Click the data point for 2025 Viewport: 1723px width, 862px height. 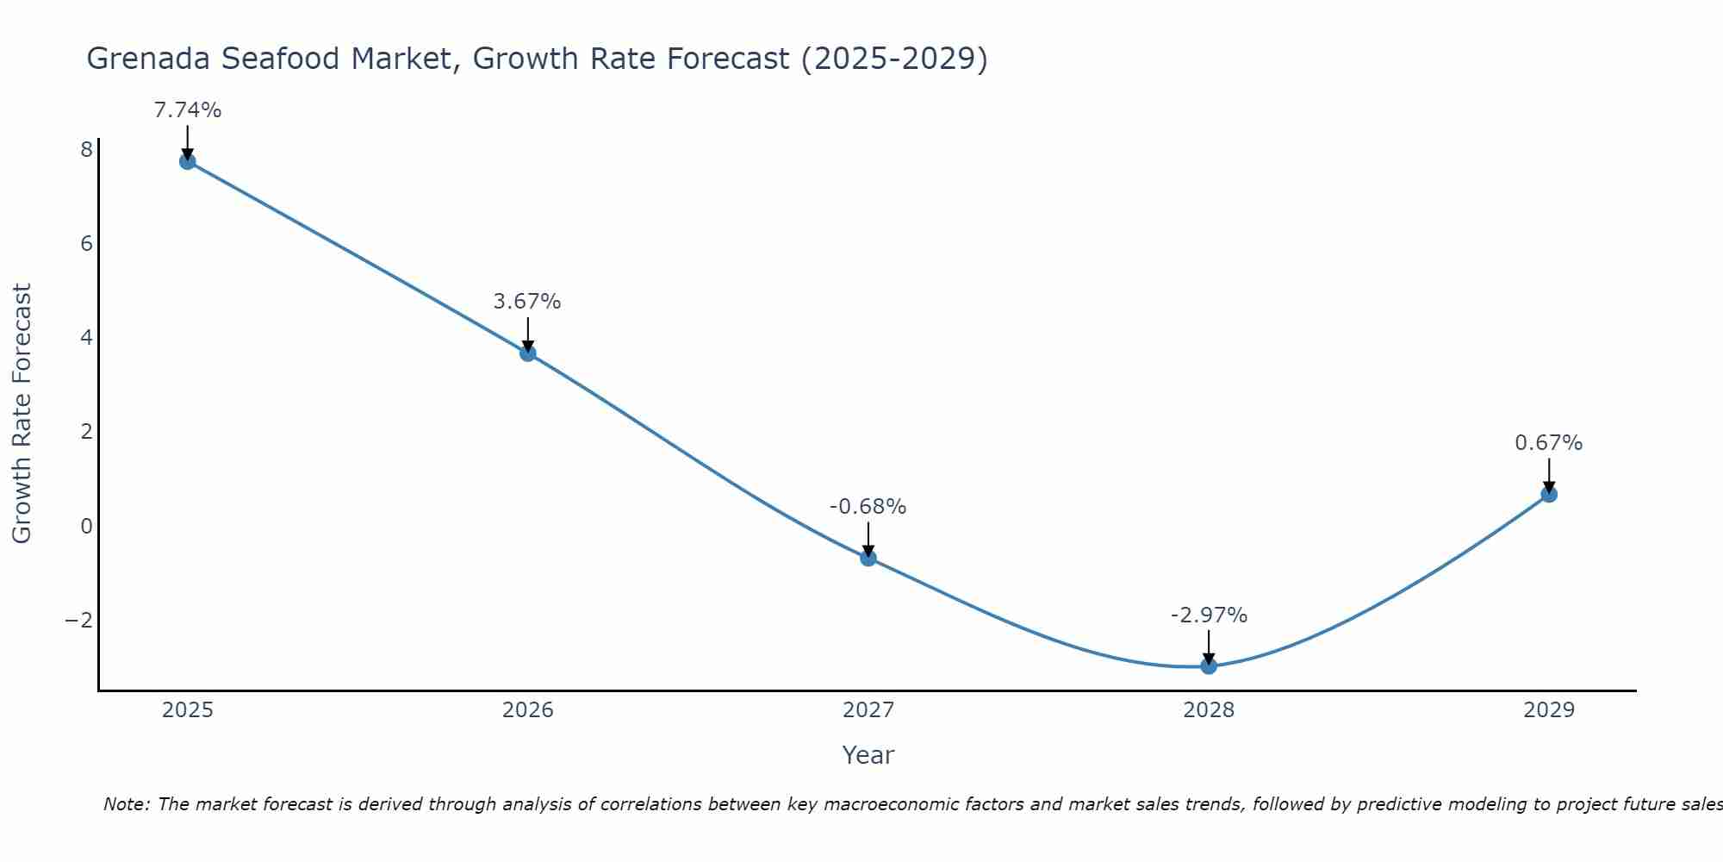coord(188,161)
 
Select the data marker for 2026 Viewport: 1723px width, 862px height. coord(528,353)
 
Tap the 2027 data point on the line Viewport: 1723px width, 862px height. coord(868,558)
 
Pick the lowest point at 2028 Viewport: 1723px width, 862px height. coord(1209,665)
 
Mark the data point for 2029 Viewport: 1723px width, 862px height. coord(1549,494)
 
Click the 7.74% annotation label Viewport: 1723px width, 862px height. coord(188,110)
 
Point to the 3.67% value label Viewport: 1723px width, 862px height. coord(527,302)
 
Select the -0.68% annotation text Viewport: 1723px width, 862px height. coord(868,507)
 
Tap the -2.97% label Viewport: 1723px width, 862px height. coord(1209,615)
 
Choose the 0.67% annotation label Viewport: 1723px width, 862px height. coord(1548,443)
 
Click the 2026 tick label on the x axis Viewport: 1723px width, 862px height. coord(528,710)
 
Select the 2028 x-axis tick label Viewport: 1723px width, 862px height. coord(1209,710)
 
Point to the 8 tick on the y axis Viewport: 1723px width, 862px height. coord(86,150)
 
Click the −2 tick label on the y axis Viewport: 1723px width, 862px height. coord(79,621)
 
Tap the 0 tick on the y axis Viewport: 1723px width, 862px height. coord(86,526)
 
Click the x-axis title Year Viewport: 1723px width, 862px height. coord(868,755)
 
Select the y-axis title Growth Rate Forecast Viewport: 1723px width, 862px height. coord(22,414)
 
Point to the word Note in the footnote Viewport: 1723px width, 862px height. coord(127,804)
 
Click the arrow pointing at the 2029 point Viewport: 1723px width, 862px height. coord(1549,476)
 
